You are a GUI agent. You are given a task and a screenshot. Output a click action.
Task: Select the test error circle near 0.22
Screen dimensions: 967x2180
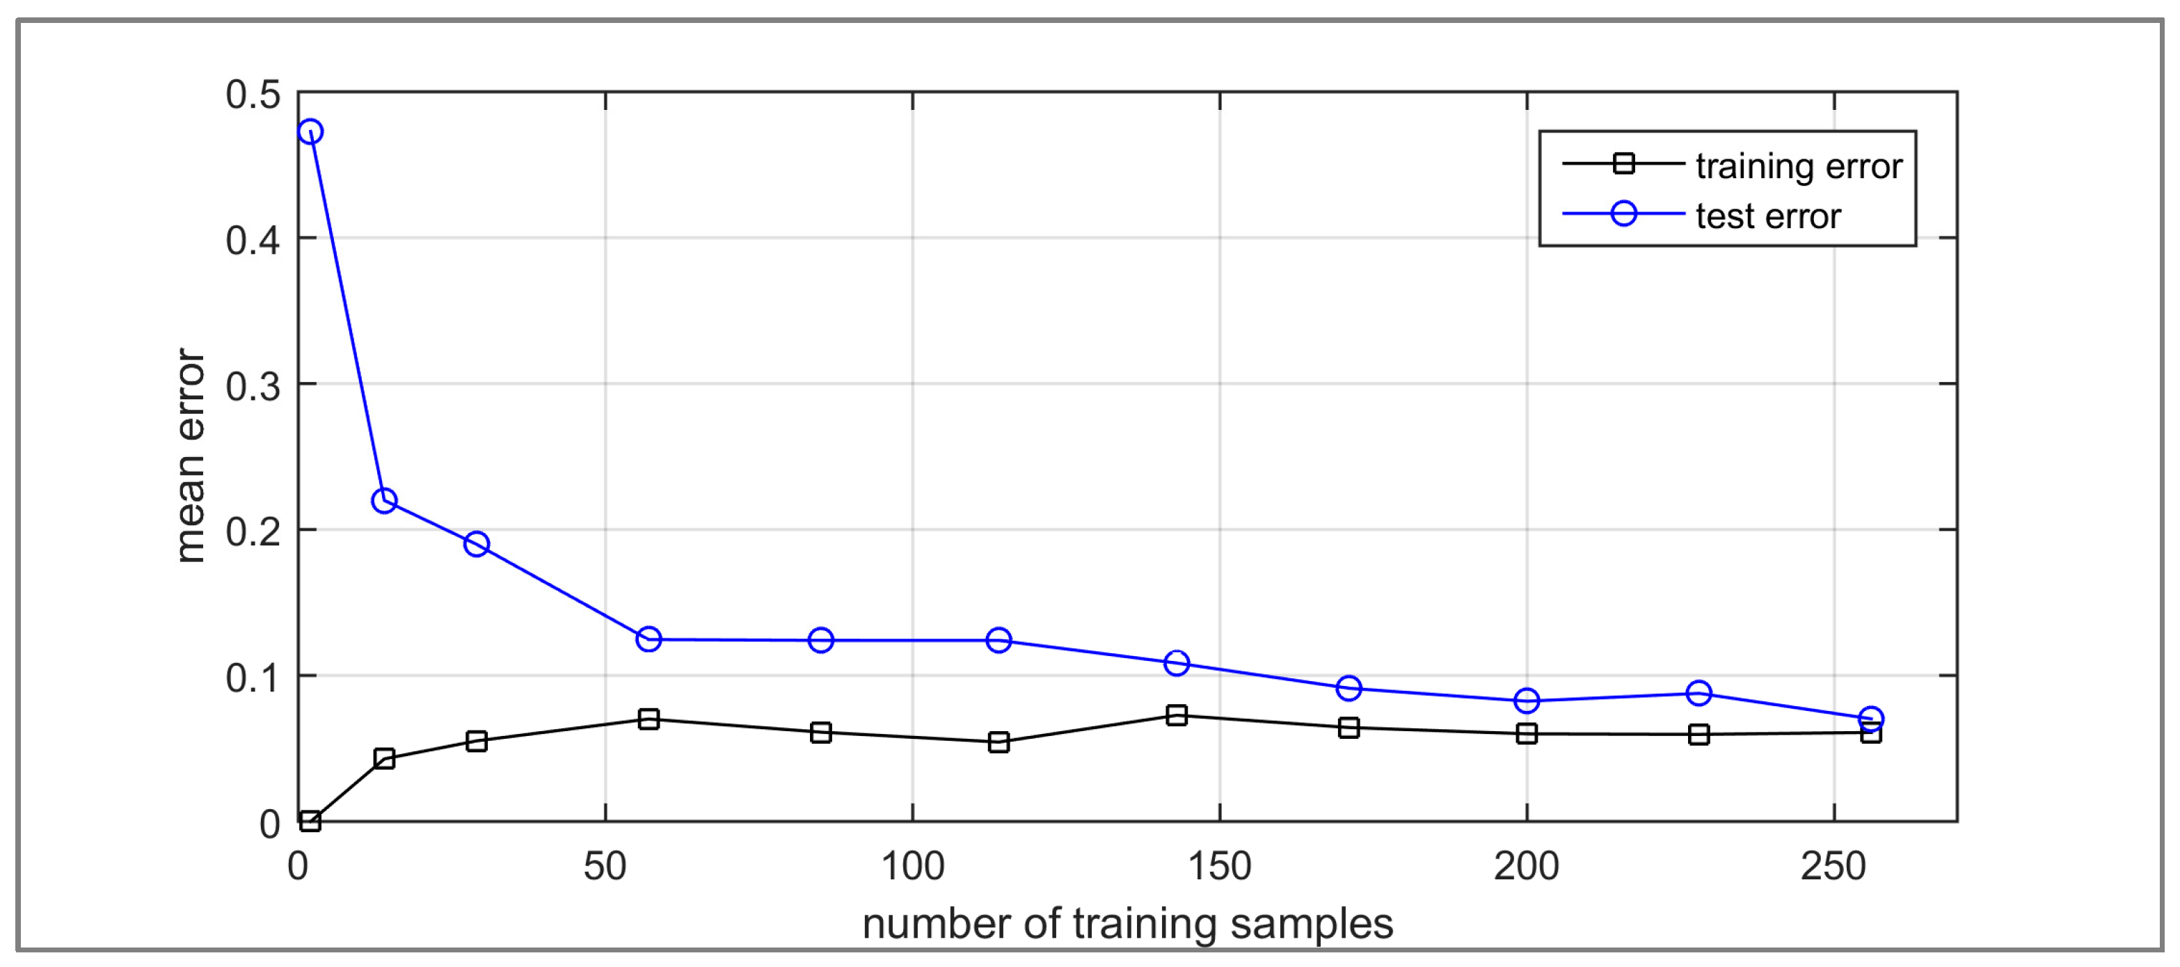[x=384, y=501]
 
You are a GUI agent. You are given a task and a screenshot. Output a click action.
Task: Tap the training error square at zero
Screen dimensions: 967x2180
[x=310, y=821]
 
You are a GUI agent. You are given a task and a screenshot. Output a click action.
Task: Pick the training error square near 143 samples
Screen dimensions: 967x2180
[x=1177, y=716]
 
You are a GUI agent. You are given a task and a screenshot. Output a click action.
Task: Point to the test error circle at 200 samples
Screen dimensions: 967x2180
[x=1527, y=701]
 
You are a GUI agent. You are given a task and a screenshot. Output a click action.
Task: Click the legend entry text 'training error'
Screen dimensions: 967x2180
[x=1798, y=166]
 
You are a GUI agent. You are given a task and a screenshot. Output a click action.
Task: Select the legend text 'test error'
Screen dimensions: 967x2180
[x=1768, y=216]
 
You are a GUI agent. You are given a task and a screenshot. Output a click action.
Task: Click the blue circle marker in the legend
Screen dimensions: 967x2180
[x=1623, y=213]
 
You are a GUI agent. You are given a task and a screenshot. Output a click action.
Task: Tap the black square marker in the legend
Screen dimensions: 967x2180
[x=1623, y=163]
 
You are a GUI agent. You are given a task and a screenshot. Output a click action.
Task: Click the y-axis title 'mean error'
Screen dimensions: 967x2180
[x=191, y=455]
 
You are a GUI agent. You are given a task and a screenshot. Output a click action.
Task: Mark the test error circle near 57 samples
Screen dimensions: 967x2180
[x=649, y=639]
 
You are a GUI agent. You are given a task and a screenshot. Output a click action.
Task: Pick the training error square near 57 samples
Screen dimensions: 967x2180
[x=649, y=719]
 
